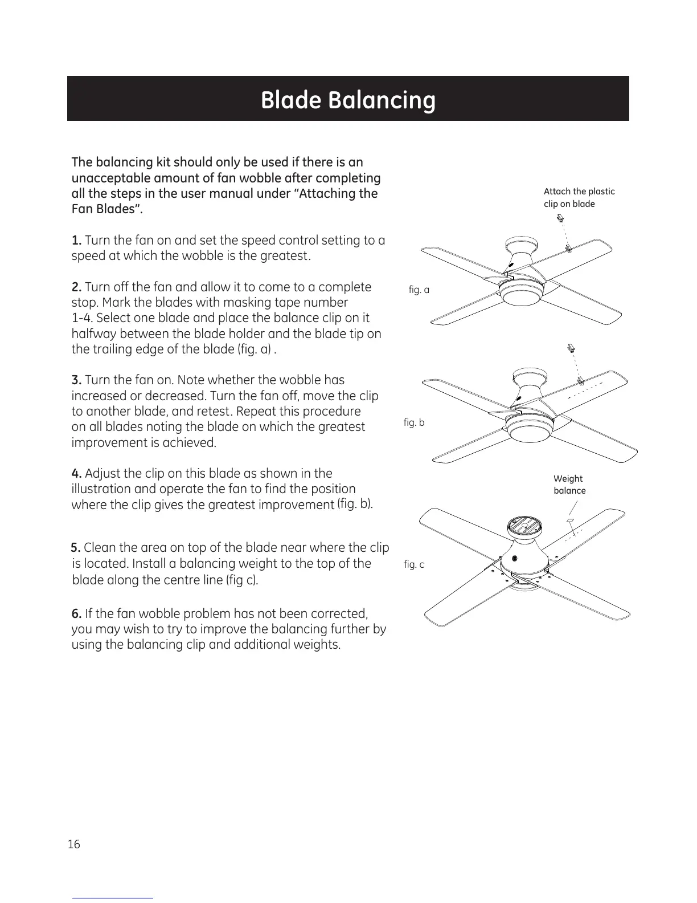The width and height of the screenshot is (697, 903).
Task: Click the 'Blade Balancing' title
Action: [x=348, y=100]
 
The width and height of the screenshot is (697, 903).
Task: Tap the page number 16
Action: [x=74, y=844]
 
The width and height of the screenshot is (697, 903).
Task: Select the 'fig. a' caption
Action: [x=419, y=290]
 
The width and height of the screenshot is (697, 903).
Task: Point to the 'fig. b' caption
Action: [x=414, y=422]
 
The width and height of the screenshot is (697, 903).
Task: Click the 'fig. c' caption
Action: [x=414, y=564]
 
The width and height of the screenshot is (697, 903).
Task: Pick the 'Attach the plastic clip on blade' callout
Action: [x=579, y=198]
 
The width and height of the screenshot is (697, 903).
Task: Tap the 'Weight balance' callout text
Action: [x=569, y=485]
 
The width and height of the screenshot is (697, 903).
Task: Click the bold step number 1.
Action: [x=77, y=240]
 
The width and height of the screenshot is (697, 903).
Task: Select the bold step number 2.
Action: [x=77, y=287]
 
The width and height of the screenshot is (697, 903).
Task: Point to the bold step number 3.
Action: [x=77, y=380]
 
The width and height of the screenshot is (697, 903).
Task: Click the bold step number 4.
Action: [x=77, y=473]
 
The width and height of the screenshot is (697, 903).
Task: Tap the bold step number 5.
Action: [x=76, y=548]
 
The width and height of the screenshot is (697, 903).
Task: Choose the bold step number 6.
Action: [x=77, y=613]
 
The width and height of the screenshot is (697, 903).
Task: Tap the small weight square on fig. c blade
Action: [x=569, y=520]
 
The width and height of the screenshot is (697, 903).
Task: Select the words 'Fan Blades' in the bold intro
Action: [x=105, y=209]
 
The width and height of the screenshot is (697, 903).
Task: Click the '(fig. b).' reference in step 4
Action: [x=355, y=503]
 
